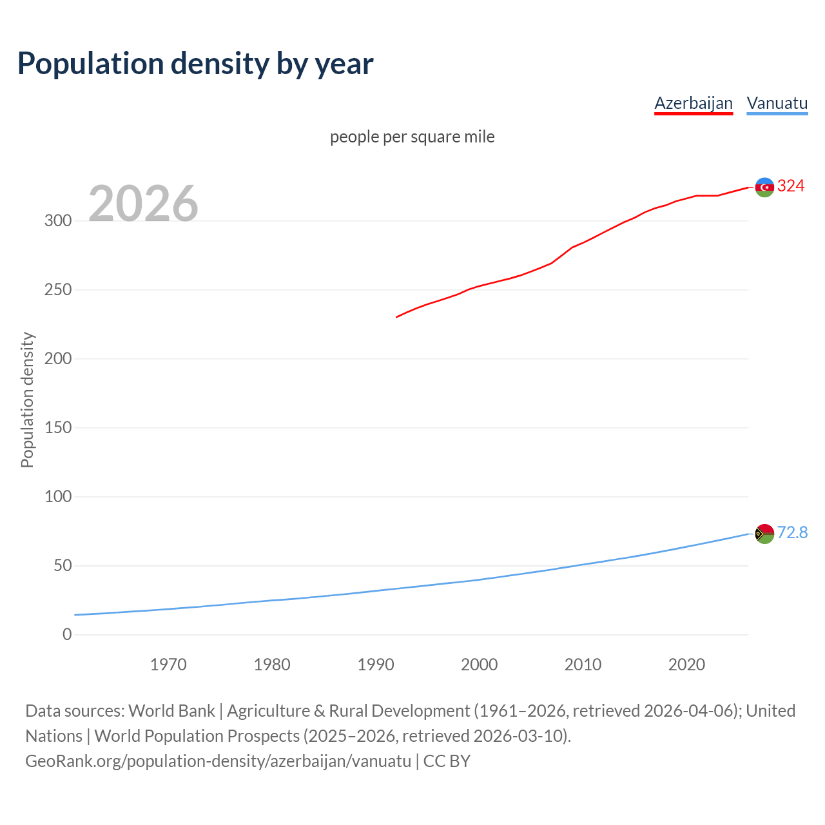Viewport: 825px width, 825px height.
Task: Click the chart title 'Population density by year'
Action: (x=195, y=64)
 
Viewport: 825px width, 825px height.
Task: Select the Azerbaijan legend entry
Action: (x=694, y=103)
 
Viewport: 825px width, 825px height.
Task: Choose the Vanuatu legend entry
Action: (x=777, y=103)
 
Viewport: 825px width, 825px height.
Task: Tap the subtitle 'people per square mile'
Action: (x=412, y=137)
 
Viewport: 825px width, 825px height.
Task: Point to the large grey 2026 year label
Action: (x=143, y=204)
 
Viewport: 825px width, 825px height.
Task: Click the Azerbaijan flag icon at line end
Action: (x=764, y=187)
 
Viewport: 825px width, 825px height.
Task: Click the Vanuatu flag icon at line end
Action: (x=764, y=534)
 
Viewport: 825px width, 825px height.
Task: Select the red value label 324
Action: (x=791, y=186)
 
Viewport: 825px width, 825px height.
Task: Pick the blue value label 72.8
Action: (x=792, y=532)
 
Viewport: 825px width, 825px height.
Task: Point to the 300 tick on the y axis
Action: (x=58, y=221)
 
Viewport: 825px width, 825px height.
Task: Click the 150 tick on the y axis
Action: (x=58, y=428)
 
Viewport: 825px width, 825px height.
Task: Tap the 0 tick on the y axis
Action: (x=67, y=635)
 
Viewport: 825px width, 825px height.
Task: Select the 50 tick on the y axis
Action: (x=63, y=566)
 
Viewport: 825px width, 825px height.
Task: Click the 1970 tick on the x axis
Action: (x=168, y=665)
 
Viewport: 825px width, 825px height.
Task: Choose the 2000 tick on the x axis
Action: (x=479, y=665)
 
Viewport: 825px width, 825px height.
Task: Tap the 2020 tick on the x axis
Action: (x=686, y=665)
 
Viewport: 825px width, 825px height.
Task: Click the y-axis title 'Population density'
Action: (x=27, y=400)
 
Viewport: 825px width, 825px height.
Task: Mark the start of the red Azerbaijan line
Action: (x=397, y=317)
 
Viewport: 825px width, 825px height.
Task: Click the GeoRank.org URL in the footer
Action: (x=218, y=761)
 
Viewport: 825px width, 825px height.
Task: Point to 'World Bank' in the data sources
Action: (x=171, y=711)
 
